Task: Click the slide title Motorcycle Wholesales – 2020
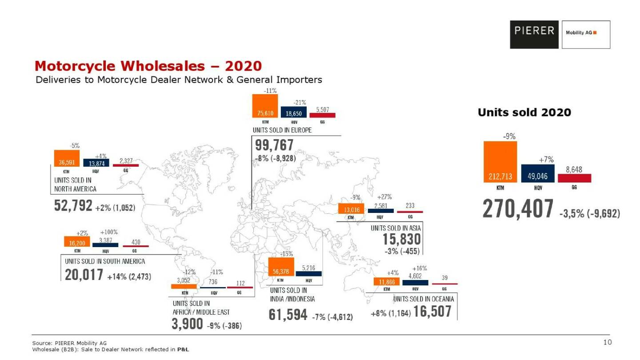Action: click(x=148, y=66)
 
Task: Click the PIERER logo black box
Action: click(x=535, y=34)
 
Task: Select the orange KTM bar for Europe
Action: click(x=265, y=106)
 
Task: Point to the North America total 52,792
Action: click(x=73, y=206)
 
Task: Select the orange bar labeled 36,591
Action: click(x=67, y=158)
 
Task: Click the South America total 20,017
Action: click(x=84, y=275)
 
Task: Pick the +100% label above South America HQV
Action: click(x=108, y=232)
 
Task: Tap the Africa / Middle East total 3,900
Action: click(x=187, y=324)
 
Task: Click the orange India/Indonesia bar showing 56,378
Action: click(x=280, y=267)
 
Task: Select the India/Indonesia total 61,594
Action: click(x=288, y=315)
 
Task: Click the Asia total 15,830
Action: click(x=402, y=240)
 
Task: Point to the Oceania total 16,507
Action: click(x=432, y=312)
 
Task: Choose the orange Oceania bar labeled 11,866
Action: click(x=387, y=281)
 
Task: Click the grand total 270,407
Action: click(x=518, y=209)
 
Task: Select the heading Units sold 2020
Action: click(x=524, y=113)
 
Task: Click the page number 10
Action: click(x=607, y=342)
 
